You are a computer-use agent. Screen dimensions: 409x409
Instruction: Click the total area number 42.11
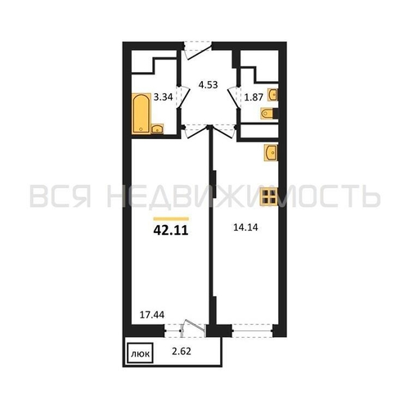coord(171,231)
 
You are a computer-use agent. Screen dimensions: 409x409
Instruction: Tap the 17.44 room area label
coord(152,315)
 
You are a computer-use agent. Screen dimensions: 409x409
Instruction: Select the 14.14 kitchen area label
coord(245,227)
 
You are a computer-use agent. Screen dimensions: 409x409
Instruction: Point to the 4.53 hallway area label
coord(208,85)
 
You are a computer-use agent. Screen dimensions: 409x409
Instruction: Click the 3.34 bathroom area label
coord(163,97)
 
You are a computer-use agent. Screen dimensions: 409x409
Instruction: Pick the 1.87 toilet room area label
coord(254,97)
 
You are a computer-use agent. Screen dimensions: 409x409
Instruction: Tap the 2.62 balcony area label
coord(182,352)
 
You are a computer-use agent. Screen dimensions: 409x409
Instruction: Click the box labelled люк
coord(141,353)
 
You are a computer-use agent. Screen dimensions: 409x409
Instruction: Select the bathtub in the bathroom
coord(142,114)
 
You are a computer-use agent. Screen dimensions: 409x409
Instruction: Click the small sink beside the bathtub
coord(157,128)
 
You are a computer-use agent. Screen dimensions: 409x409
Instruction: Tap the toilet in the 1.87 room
coord(269,114)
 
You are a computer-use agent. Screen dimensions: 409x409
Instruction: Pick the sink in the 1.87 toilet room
coord(272,95)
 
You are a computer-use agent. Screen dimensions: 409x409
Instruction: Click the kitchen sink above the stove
coord(271,152)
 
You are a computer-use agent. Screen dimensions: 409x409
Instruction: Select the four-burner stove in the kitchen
coord(268,196)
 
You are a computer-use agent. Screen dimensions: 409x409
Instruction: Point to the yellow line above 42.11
coord(171,218)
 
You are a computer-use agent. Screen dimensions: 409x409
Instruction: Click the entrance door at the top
coord(198,51)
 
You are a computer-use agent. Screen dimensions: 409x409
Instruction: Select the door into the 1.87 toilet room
coord(234,97)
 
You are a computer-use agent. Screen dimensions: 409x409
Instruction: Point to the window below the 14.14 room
coord(252,330)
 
